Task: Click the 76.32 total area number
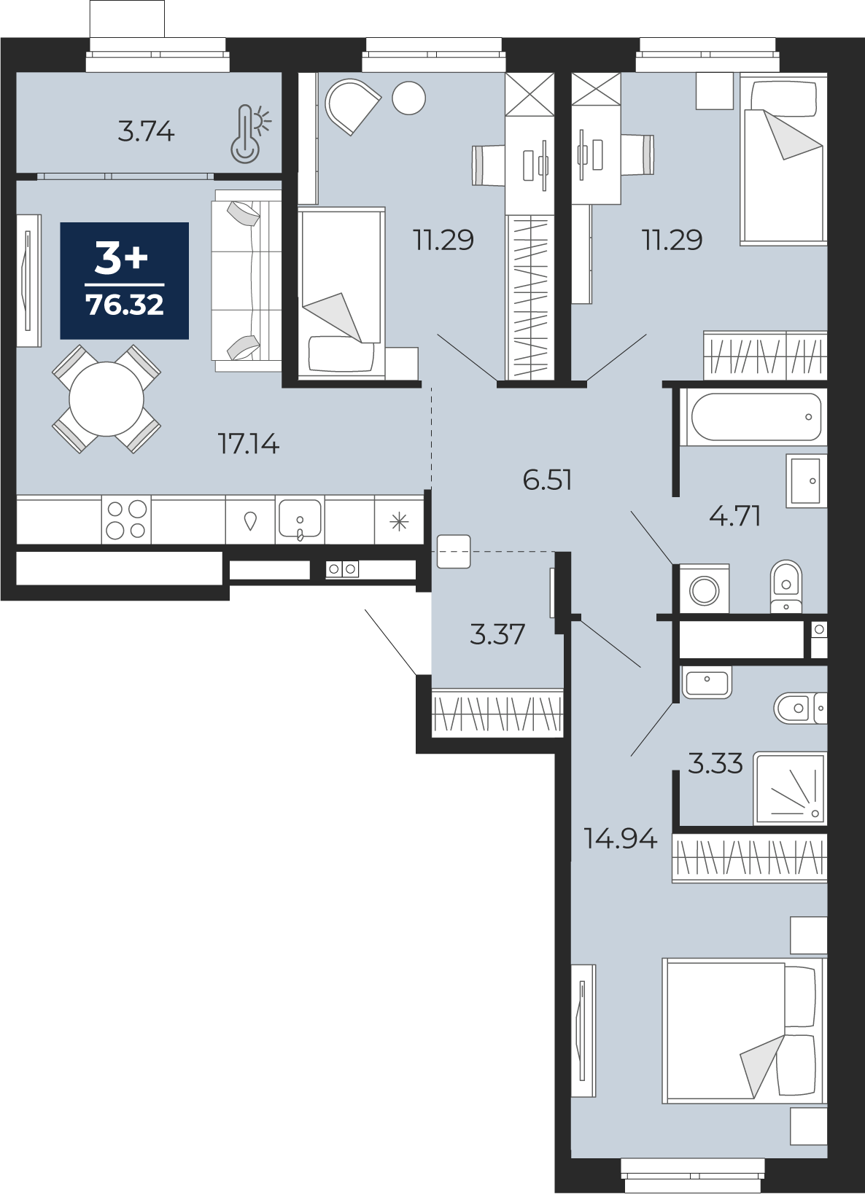pyautogui.click(x=125, y=305)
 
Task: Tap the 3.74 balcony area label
pyautogui.click(x=146, y=132)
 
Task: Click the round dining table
pyautogui.click(x=106, y=399)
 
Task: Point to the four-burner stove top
pyautogui.click(x=126, y=520)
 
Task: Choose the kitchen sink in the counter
pyautogui.click(x=300, y=519)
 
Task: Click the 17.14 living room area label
pyautogui.click(x=249, y=444)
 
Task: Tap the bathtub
pyautogui.click(x=756, y=418)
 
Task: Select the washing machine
pyautogui.click(x=704, y=590)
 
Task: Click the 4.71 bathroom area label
pyautogui.click(x=735, y=517)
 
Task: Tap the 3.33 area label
pyautogui.click(x=715, y=764)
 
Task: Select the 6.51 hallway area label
pyautogui.click(x=548, y=480)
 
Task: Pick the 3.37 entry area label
pyautogui.click(x=497, y=635)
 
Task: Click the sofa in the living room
pyautogui.click(x=247, y=281)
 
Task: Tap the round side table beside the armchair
pyautogui.click(x=409, y=98)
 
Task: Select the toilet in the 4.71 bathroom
pyautogui.click(x=786, y=586)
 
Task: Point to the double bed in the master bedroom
pyautogui.click(x=745, y=1031)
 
